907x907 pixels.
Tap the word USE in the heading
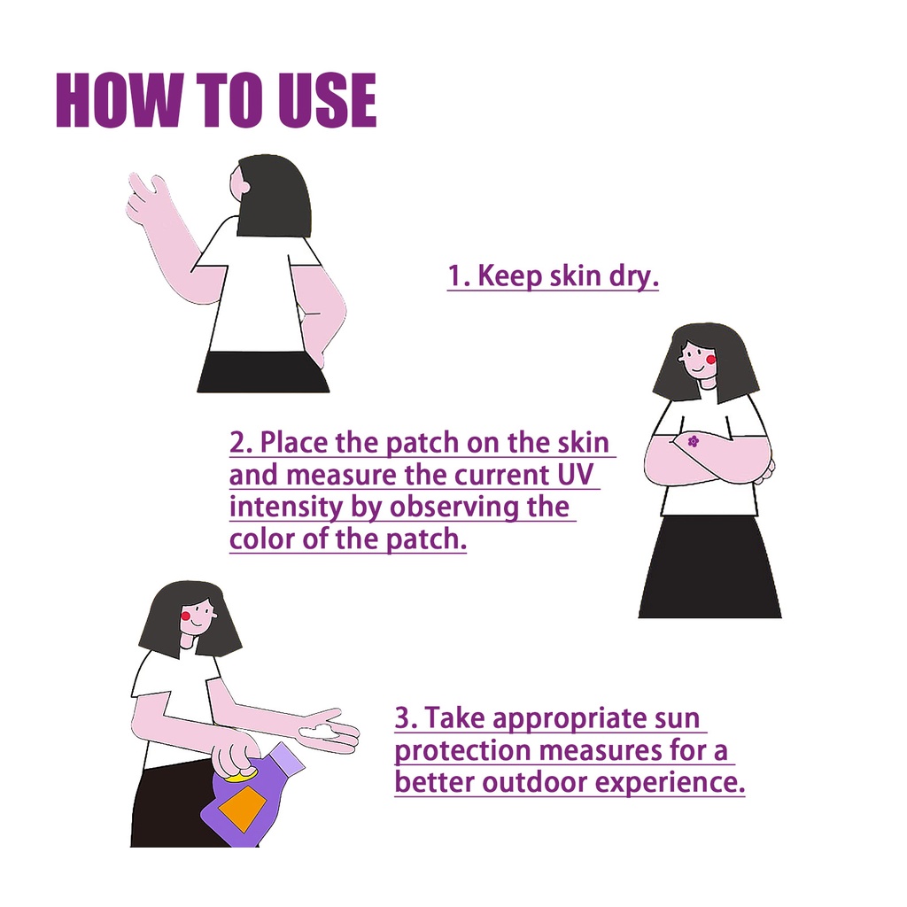328,99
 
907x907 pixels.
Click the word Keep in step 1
510,276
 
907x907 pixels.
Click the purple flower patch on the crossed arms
693,442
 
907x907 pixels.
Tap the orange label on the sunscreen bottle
242,809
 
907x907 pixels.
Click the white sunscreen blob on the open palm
319,731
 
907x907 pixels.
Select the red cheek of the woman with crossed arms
711,360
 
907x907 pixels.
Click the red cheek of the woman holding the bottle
186,616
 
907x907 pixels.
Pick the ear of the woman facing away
246,187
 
